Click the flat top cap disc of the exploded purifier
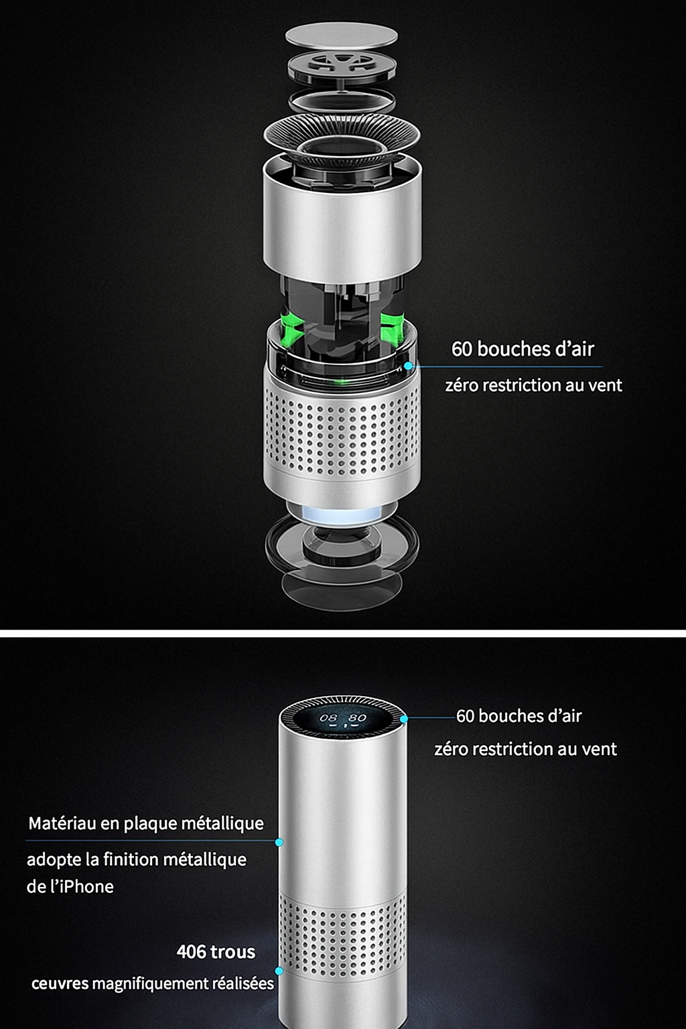pos(341,35)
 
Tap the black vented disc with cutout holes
pos(342,66)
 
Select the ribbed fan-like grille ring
pos(342,137)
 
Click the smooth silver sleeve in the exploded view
pos(342,221)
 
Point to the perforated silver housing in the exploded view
pos(342,435)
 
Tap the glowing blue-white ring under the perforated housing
pos(342,515)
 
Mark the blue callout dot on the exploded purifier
pos(408,366)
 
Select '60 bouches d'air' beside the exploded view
pos(523,349)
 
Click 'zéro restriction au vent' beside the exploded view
pos(533,385)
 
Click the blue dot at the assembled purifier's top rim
pos(404,718)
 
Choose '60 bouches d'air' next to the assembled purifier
pos(519,716)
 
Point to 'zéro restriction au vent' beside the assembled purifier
pos(525,749)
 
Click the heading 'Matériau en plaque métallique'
pos(146,823)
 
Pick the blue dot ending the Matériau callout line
pos(279,841)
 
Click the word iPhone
pos(84,887)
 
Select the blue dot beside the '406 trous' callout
pos(279,970)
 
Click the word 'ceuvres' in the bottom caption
pos(60,984)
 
